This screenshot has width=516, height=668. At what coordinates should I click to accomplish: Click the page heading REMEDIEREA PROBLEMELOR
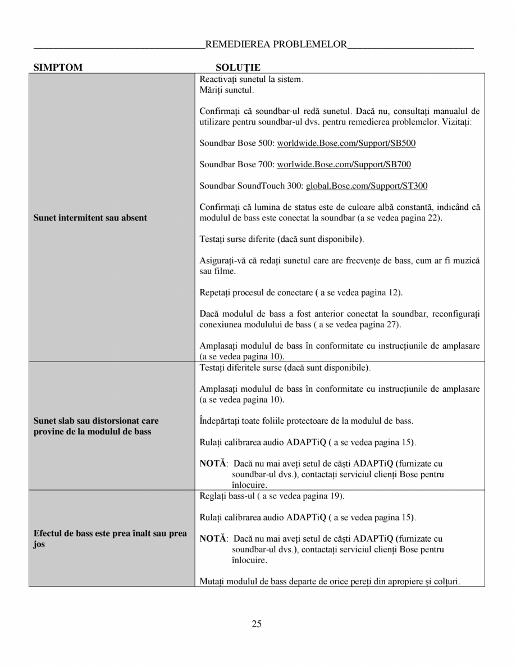tap(276, 45)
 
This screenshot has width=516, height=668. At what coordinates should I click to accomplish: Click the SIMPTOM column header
tap(58, 68)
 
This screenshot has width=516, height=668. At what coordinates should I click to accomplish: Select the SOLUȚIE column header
tap(238, 68)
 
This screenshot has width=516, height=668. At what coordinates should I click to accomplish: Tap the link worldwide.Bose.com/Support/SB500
tap(346, 143)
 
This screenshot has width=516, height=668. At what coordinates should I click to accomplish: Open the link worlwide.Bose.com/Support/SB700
tap(344, 164)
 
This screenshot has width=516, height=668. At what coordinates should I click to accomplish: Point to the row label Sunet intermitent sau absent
tap(90, 218)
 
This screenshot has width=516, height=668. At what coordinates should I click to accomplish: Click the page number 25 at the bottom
tap(257, 624)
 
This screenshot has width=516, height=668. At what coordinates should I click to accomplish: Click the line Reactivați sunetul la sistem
tap(251, 80)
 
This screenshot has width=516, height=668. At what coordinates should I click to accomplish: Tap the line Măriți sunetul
tap(227, 90)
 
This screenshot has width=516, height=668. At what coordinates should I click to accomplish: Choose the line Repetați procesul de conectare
tap(301, 292)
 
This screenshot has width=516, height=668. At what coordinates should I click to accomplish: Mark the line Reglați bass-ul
tap(272, 497)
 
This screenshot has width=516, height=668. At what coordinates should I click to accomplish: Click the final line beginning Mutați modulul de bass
tap(330, 582)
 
